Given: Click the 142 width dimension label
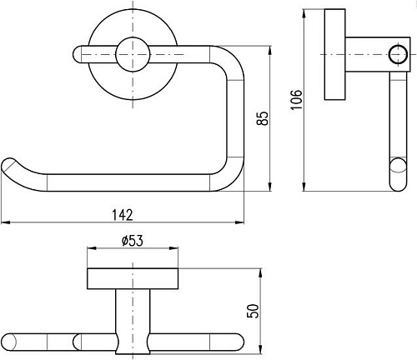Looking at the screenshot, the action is click(123, 215).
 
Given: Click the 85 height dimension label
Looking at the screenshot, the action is click(263, 118).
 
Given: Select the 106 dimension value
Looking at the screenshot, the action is click(296, 100).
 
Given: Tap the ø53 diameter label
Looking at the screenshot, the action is click(133, 241).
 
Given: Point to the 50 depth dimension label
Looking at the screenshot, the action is click(253, 311).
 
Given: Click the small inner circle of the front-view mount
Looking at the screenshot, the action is click(133, 54).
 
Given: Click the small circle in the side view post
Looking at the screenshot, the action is click(398, 54).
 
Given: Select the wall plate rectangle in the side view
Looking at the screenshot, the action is click(335, 54).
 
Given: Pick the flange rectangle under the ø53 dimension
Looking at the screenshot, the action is click(133, 278).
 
